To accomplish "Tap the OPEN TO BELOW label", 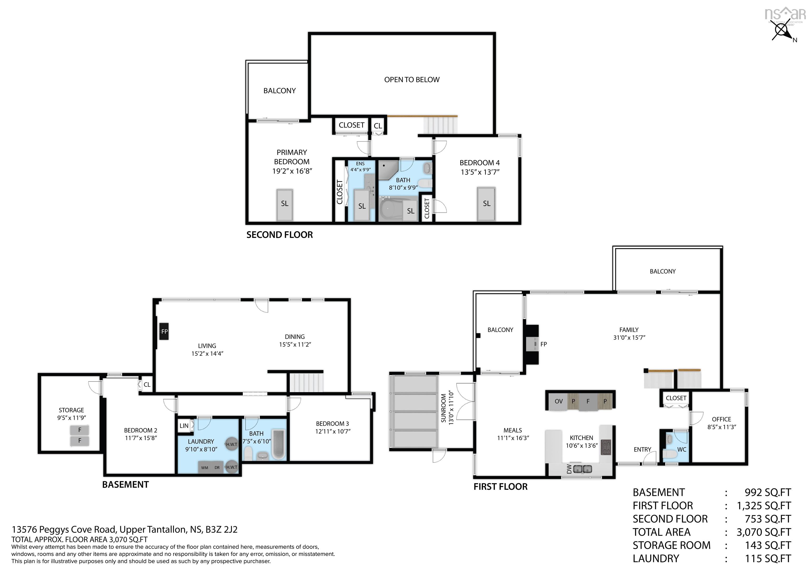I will pyautogui.click(x=412, y=80).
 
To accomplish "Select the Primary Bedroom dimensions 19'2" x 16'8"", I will pyautogui.click(x=292, y=171).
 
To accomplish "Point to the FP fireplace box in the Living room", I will pyautogui.click(x=164, y=331).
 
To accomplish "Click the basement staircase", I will pyautogui.click(x=306, y=383).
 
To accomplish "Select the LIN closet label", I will pyautogui.click(x=184, y=426).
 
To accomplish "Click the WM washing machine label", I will pyautogui.click(x=205, y=468).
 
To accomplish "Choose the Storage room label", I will pyautogui.click(x=71, y=410).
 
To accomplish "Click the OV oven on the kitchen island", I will pyautogui.click(x=558, y=401).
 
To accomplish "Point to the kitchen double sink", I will pyautogui.click(x=582, y=469).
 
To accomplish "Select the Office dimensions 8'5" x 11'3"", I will pyautogui.click(x=721, y=427).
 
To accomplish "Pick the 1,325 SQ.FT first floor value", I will pyautogui.click(x=763, y=506).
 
